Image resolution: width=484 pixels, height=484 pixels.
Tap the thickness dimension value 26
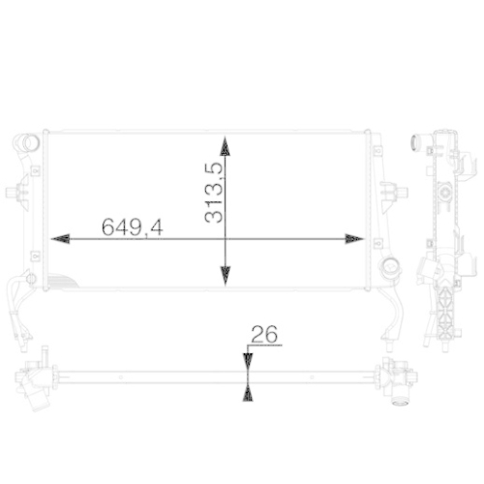(x=264, y=334)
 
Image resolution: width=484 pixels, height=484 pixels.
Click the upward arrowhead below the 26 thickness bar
(x=248, y=391)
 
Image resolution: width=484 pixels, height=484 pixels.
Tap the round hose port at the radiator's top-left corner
(x=27, y=146)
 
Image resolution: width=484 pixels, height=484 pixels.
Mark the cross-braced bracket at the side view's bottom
(x=443, y=310)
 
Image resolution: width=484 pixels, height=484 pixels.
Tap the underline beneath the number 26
(x=264, y=346)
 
